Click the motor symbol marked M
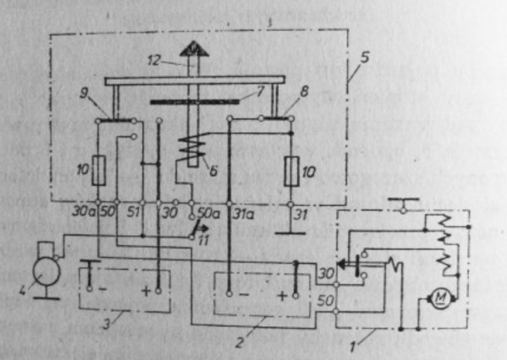pyautogui.click(x=442, y=301)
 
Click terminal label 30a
pyautogui.click(x=83, y=209)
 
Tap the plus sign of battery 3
pyautogui.click(x=146, y=290)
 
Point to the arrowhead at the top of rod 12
pyautogui.click(x=189, y=48)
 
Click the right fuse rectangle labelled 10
pyautogui.click(x=291, y=172)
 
